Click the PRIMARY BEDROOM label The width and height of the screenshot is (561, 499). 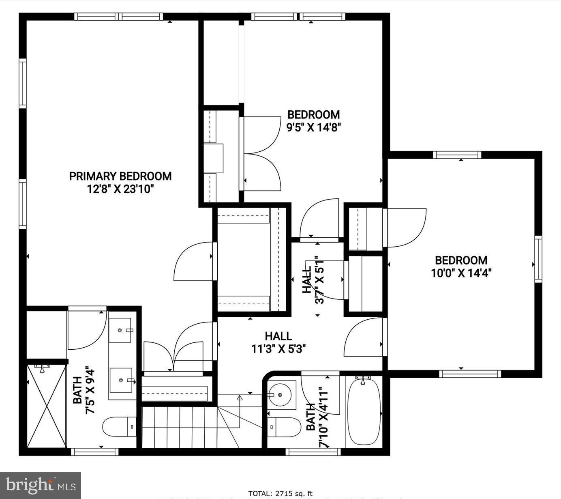tap(120, 176)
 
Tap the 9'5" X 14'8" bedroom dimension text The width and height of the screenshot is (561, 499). tap(313, 128)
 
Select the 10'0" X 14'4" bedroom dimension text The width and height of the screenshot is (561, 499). tap(461, 273)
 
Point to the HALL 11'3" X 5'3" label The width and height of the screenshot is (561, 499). tap(278, 342)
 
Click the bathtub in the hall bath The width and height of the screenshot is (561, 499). tap(364, 411)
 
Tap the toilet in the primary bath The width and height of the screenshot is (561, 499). tap(119, 426)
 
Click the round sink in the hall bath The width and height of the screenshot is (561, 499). tap(280, 394)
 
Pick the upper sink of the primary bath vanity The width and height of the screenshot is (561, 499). tap(120, 330)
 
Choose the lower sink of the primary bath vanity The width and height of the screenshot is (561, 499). tap(121, 380)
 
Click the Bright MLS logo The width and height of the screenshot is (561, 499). tap(41, 485)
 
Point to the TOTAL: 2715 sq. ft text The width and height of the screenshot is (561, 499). tap(280, 494)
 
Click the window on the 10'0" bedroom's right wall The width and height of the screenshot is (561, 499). tap(538, 259)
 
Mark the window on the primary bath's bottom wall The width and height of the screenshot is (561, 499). tap(94, 452)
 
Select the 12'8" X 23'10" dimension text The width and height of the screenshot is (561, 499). tap(120, 189)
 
